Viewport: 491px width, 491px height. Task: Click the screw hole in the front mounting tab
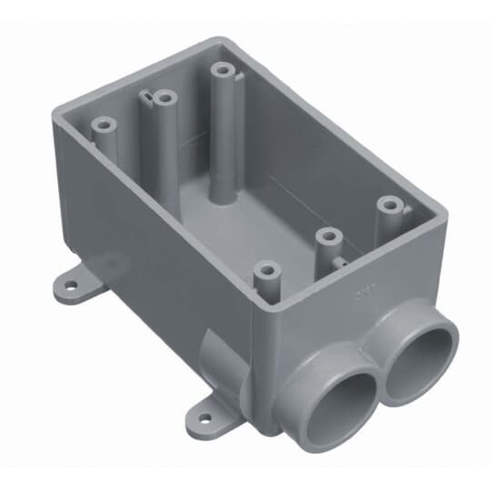point(202,420)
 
